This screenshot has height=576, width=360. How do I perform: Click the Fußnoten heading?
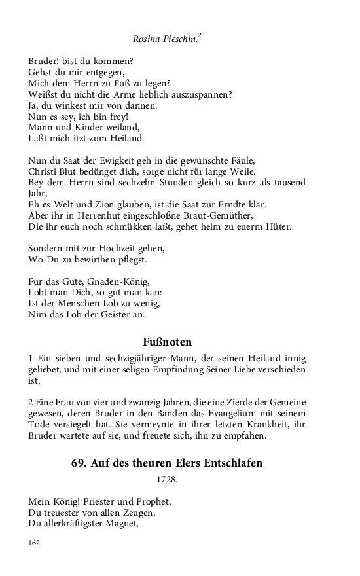point(167,342)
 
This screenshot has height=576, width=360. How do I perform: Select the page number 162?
point(35,543)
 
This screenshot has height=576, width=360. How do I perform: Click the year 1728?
point(167,479)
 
